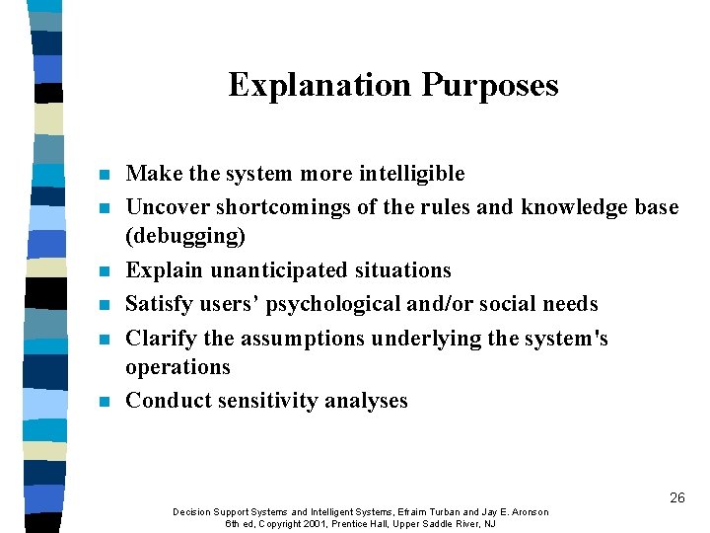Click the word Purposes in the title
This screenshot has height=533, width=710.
point(490,85)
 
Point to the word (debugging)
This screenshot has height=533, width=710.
point(186,237)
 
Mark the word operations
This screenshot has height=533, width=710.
point(178,367)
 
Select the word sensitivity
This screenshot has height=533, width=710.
point(268,401)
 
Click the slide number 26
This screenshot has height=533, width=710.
point(676,497)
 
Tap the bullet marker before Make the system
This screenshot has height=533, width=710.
point(105,176)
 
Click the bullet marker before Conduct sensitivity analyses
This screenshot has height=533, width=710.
point(105,402)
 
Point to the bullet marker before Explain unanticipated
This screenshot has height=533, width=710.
point(105,271)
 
